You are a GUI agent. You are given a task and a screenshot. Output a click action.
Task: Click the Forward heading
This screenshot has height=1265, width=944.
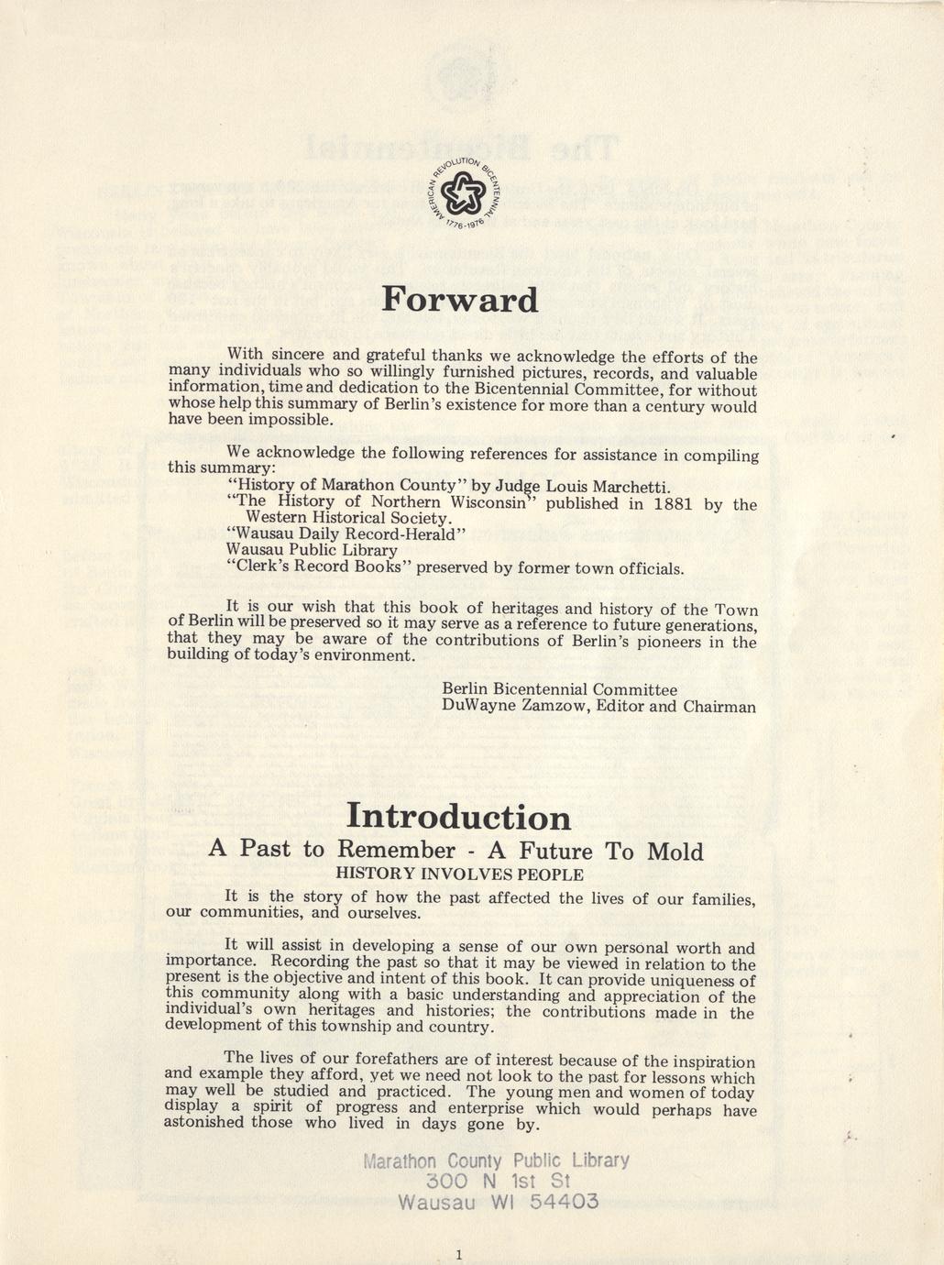pyautogui.click(x=460, y=301)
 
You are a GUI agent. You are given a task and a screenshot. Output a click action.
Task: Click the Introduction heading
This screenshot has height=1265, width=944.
pyautogui.click(x=458, y=817)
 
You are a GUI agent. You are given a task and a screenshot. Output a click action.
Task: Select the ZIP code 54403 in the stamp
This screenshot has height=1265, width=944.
pyautogui.click(x=564, y=1201)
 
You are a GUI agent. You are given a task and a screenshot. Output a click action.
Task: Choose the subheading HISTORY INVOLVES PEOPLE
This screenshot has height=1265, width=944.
pyautogui.click(x=459, y=874)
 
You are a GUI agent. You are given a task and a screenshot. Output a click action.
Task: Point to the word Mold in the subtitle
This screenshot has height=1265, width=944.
pyautogui.click(x=675, y=852)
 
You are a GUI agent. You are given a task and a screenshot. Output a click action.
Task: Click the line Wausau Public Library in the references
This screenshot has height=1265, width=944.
pyautogui.click(x=312, y=551)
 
